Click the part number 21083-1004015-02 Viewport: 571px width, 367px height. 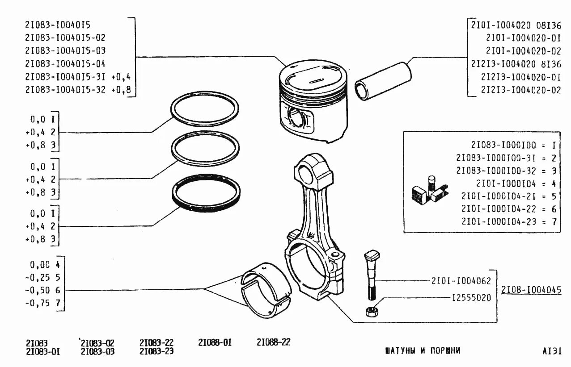[x=65, y=38]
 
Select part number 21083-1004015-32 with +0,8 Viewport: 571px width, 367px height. [x=78, y=89]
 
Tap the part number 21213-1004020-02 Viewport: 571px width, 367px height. [x=520, y=90]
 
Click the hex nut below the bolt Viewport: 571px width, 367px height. [x=371, y=312]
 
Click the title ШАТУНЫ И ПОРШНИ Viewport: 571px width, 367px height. [x=422, y=350]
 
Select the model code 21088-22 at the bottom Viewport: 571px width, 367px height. [x=273, y=342]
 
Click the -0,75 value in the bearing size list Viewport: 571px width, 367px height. [x=39, y=304]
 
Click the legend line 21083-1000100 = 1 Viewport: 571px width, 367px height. [x=513, y=145]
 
